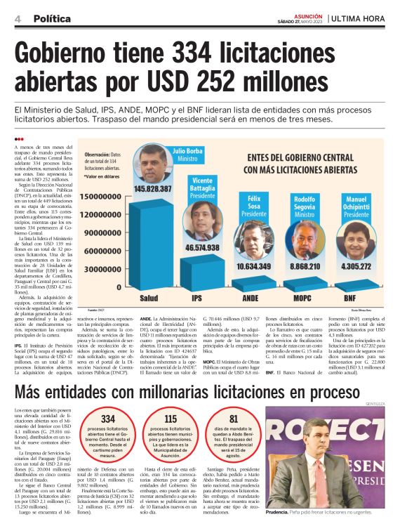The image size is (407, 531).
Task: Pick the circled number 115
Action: tap(171, 419)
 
